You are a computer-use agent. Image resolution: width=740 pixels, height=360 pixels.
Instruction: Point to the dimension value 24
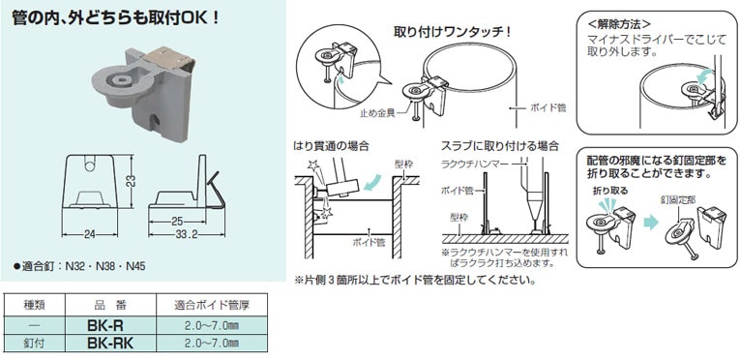[x=90, y=233]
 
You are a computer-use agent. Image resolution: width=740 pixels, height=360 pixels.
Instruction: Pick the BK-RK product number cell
[x=109, y=344]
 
